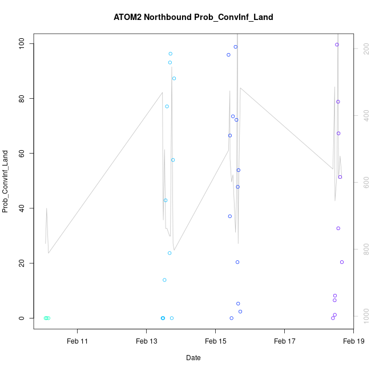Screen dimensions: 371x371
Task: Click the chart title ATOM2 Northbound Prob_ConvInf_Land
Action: coord(193,17)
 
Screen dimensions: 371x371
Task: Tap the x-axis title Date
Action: coord(193,358)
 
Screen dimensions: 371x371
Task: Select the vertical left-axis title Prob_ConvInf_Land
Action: coord(5,182)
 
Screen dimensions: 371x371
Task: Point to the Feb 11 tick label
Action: coord(77,341)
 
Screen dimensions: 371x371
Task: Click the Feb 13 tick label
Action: coord(146,341)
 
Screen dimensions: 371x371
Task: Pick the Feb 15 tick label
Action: coord(215,341)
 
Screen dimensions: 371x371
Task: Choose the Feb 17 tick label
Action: coord(284,341)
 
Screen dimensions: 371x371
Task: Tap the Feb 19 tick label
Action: coord(353,341)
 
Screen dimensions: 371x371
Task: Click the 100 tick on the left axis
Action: coord(23,43)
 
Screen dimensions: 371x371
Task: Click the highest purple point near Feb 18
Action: coord(337,45)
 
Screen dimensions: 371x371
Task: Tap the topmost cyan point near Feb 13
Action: coord(170,54)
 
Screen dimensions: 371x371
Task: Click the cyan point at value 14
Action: coord(164,280)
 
